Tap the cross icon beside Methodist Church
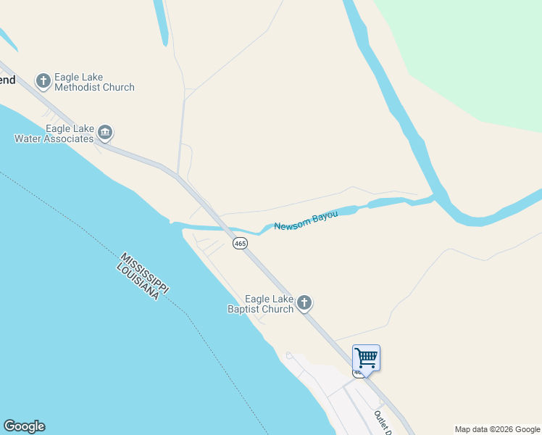pos(43,80)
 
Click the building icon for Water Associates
pos(105,133)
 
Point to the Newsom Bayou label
pos(306,220)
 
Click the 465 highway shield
pos(240,244)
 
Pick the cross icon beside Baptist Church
pos(304,302)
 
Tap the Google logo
pos(24,426)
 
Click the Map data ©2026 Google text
pos(497,429)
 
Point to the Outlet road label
pos(382,423)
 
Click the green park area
pos(471,58)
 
